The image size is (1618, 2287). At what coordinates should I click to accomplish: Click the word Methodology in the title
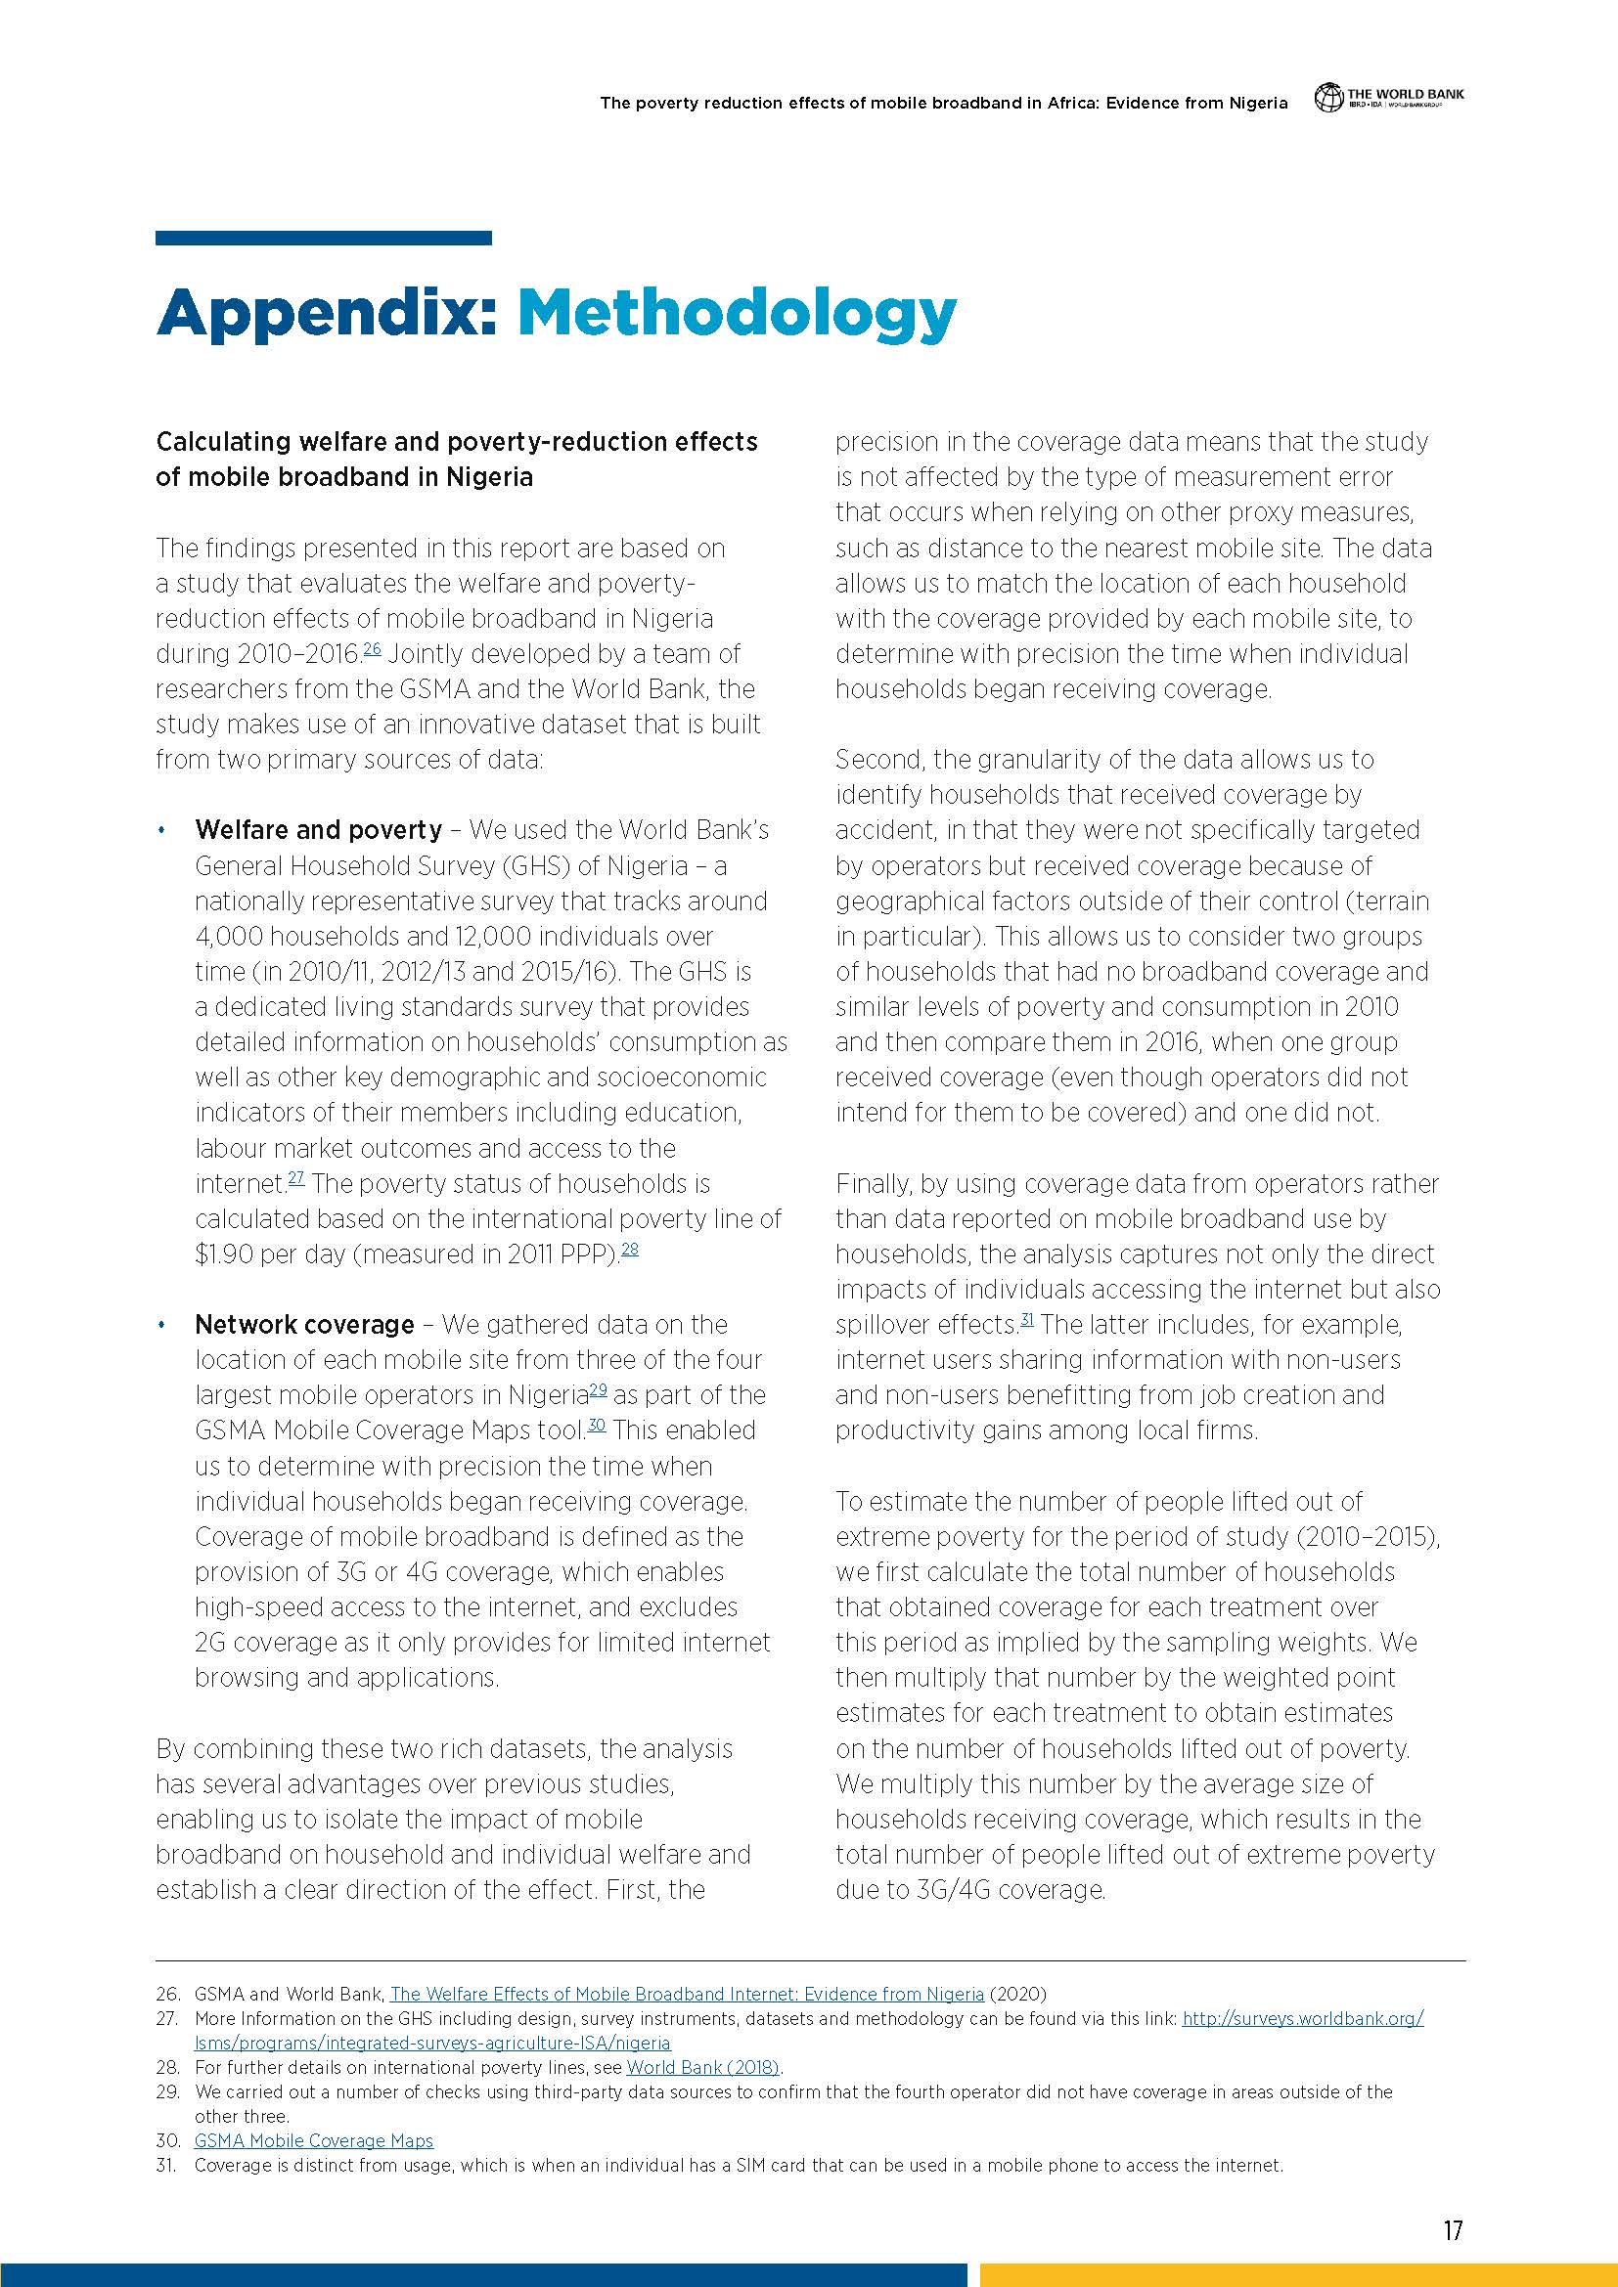pyautogui.click(x=737, y=315)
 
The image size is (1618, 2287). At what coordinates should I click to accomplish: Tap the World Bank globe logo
pyautogui.click(x=1327, y=98)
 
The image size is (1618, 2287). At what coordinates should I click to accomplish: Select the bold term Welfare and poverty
pyautogui.click(x=318, y=830)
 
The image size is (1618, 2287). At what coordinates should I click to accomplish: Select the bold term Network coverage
pyautogui.click(x=304, y=1324)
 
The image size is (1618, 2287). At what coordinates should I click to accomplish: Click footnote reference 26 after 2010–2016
pyautogui.click(x=372, y=649)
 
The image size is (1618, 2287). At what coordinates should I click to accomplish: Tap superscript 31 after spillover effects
pyautogui.click(x=1026, y=1320)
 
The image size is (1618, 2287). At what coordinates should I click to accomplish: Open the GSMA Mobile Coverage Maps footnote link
pyautogui.click(x=314, y=2140)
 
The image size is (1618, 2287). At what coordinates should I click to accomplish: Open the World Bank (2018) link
pyautogui.click(x=702, y=2067)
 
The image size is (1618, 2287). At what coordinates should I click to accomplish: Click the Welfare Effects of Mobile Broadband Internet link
pyautogui.click(x=687, y=1993)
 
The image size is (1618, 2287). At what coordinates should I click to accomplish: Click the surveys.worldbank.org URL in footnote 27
pyautogui.click(x=1302, y=2018)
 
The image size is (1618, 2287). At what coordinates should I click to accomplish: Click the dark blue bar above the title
pyautogui.click(x=323, y=238)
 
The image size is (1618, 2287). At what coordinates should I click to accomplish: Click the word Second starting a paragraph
pyautogui.click(x=878, y=760)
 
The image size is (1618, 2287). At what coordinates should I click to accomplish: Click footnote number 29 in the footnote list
pyautogui.click(x=166, y=2091)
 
